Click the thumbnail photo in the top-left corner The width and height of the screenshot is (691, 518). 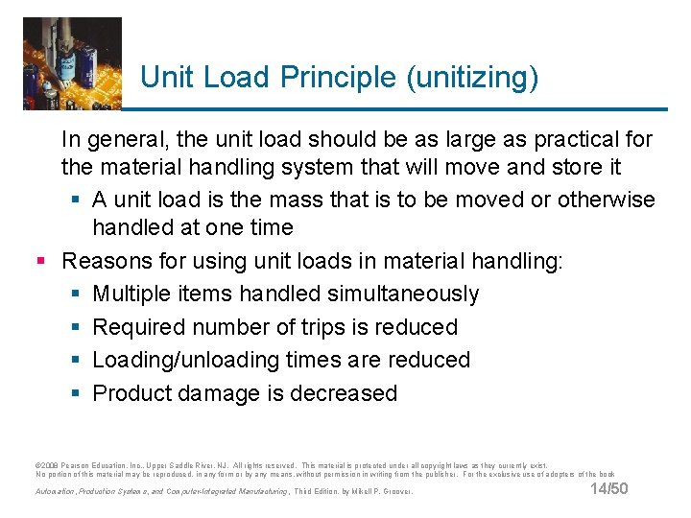72,62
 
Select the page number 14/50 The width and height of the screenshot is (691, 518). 608,490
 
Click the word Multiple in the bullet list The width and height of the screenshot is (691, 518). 135,294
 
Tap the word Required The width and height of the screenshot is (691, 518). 139,327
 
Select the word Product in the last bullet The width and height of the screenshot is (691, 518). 133,393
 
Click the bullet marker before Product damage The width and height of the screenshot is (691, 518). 73,393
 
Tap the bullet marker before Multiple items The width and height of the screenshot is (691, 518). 73,294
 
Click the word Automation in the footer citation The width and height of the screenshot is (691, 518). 59,491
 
